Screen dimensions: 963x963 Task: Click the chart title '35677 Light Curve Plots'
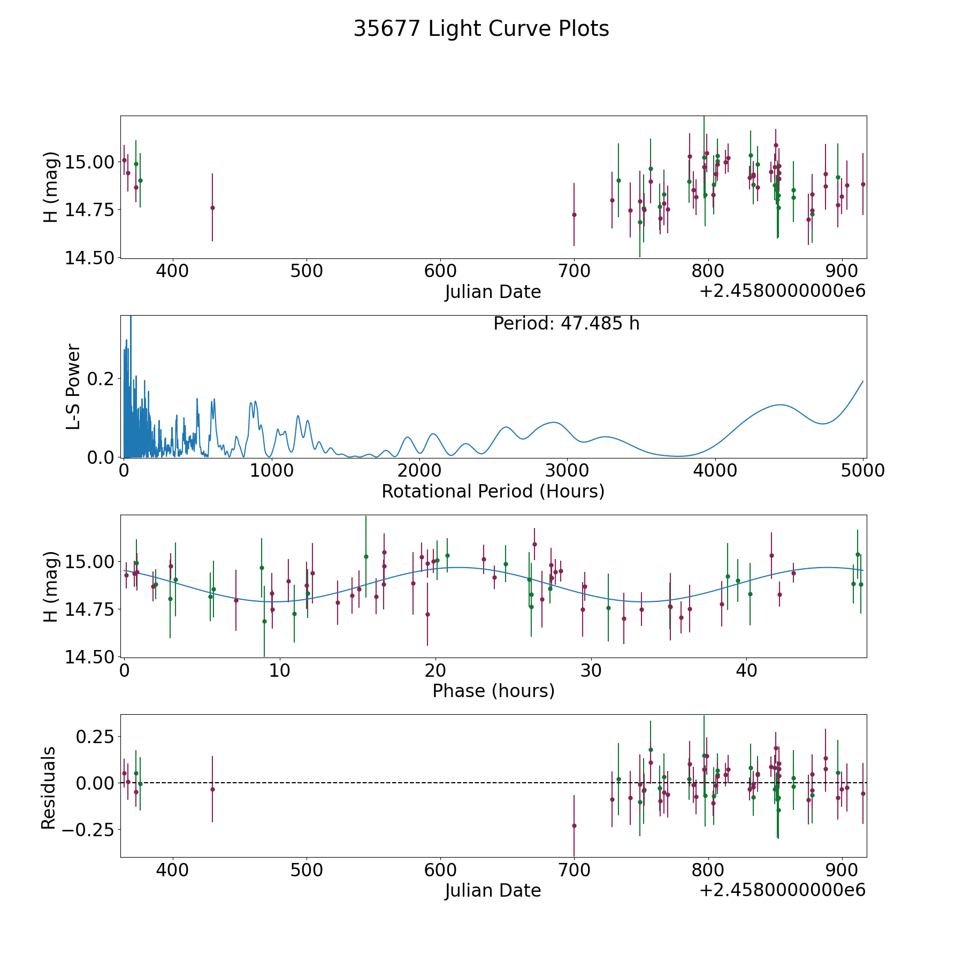click(481, 29)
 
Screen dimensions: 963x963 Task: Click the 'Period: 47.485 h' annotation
click(566, 324)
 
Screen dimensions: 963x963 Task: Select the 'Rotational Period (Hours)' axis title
click(493, 491)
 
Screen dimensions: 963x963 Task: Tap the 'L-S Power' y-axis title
click(73, 386)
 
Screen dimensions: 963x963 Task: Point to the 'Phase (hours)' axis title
click(493, 691)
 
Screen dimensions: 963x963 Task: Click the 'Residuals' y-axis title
click(49, 788)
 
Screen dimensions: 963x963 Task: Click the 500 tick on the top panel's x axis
click(307, 271)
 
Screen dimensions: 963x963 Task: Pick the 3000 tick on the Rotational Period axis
click(567, 471)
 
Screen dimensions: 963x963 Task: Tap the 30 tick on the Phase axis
click(591, 670)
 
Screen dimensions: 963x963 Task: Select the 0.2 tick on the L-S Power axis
click(102, 379)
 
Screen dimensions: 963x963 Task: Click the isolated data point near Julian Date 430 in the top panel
click(212, 208)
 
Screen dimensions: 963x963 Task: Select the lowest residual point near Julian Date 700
click(574, 826)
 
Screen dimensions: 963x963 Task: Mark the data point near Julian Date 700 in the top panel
click(574, 215)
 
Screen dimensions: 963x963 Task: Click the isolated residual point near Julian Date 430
click(212, 789)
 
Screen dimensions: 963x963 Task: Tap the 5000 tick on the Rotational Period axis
click(862, 471)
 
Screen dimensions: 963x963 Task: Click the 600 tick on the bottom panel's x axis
click(440, 870)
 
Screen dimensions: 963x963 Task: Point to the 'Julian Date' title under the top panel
click(493, 292)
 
